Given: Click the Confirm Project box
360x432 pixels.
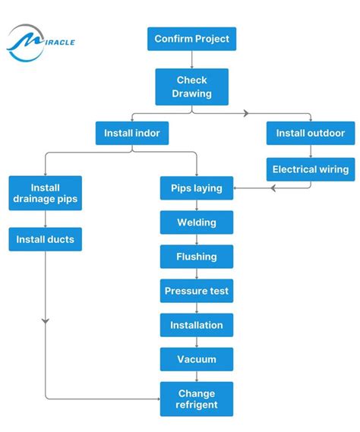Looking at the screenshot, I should pyautogui.click(x=191, y=39).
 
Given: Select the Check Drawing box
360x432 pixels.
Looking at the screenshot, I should pyautogui.click(x=191, y=87).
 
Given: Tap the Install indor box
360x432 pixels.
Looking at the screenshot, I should pyautogui.click(x=132, y=134).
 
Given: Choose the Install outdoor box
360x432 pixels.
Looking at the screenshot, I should pyautogui.click(x=310, y=134).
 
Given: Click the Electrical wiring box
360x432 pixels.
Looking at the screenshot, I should pyautogui.click(x=310, y=169).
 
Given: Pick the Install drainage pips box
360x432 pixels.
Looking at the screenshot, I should pyautogui.click(x=46, y=194).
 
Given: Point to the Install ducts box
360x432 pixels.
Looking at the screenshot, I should pyautogui.click(x=46, y=240).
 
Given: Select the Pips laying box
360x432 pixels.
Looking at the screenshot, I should pyautogui.click(x=197, y=188).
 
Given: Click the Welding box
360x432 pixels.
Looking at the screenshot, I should pyautogui.click(x=197, y=222).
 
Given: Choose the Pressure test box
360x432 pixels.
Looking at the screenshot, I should pyautogui.click(x=197, y=291).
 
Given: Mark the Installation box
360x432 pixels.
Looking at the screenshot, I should pyautogui.click(x=197, y=325).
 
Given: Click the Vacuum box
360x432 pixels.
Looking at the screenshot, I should pyautogui.click(x=197, y=359).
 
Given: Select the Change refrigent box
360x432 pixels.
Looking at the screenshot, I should pyautogui.click(x=197, y=399).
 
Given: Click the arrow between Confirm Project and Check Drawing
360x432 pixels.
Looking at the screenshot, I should pyautogui.click(x=191, y=60).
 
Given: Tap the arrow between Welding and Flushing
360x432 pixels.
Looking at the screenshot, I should pyautogui.click(x=197, y=240).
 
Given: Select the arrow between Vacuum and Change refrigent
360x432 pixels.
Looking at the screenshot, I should pyautogui.click(x=197, y=377).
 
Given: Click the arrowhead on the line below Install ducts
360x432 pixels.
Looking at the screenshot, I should pyautogui.click(x=46, y=322).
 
